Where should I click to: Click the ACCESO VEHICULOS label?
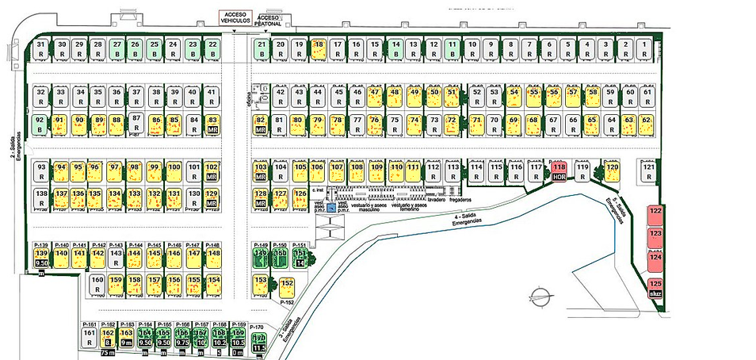(235, 17)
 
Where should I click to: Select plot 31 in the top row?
(41, 48)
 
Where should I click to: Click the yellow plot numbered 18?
(319, 48)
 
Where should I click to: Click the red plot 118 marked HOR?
(559, 171)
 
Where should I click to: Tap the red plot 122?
(655, 214)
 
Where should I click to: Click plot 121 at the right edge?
(649, 171)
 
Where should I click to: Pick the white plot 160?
(97, 284)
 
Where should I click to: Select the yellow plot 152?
(287, 287)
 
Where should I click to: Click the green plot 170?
(258, 342)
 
